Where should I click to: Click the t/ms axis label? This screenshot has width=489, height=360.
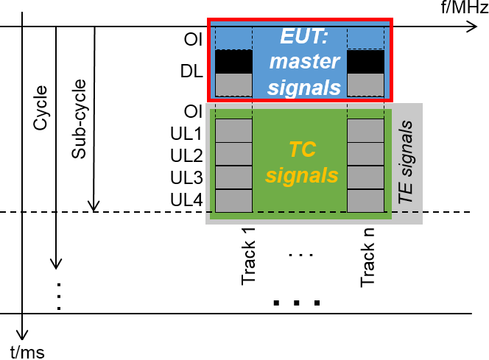pyautogui.click(x=27, y=351)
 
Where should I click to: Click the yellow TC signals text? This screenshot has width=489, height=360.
pyautogui.click(x=301, y=163)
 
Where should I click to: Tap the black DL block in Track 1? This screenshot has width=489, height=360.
pyautogui.click(x=233, y=61)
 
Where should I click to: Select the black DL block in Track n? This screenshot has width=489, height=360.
pyautogui.click(x=366, y=61)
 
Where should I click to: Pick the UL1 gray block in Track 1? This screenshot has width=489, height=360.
pyautogui.click(x=233, y=131)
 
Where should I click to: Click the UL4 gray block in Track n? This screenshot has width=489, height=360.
pyautogui.click(x=366, y=200)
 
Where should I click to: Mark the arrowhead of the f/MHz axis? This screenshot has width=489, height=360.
pyautogui.click(x=471, y=28)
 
